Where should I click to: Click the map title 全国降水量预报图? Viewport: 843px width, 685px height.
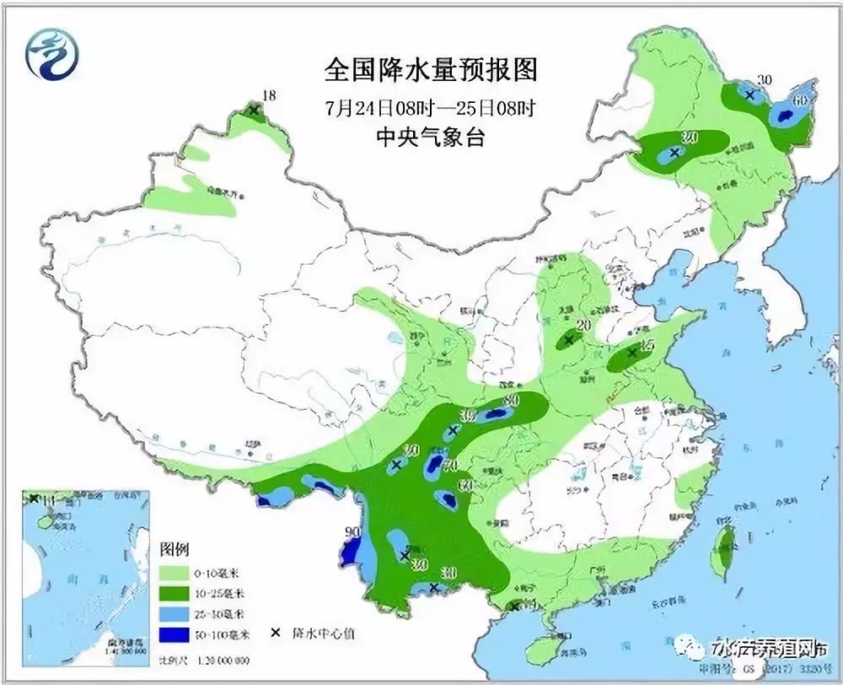431,69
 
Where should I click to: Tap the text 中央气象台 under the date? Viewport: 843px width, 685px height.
431,138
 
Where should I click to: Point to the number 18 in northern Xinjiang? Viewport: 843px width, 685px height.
270,97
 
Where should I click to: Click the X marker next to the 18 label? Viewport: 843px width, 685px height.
254,109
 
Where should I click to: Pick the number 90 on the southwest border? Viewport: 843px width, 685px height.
352,532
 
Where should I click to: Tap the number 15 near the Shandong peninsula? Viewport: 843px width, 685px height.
647,344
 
